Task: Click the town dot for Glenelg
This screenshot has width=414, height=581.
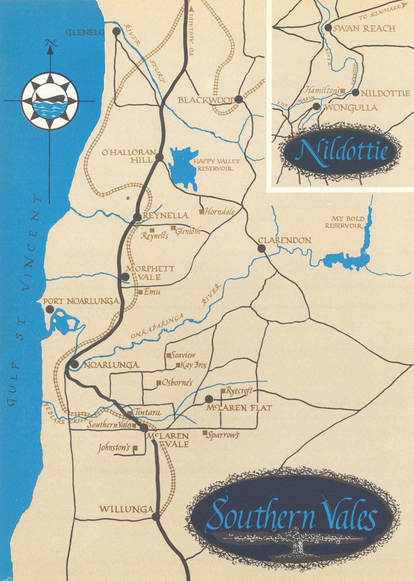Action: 116,31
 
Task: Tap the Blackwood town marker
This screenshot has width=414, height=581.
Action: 239,99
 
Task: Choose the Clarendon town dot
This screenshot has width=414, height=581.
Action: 261,248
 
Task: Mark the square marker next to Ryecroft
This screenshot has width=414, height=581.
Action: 223,391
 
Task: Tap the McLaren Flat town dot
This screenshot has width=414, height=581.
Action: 208,399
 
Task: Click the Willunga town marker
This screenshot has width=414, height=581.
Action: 156,517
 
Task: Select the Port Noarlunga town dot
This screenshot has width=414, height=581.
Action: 49,309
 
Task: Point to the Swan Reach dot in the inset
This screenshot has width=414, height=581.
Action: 328,28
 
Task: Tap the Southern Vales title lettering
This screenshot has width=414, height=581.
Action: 291,516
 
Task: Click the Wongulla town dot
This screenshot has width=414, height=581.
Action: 317,106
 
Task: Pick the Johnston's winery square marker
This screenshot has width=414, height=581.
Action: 135,448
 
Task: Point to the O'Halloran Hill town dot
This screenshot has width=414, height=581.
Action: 159,157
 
